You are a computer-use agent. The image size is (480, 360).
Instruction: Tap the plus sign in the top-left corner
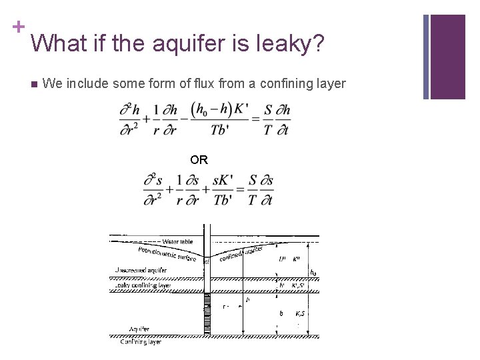(17, 27)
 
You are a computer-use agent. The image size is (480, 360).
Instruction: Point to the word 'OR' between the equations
(199, 160)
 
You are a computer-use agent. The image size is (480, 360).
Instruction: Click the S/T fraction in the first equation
(268, 119)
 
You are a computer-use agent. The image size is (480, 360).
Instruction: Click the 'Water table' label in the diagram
(178, 241)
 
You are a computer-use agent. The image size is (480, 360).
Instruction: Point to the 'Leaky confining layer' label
(143, 285)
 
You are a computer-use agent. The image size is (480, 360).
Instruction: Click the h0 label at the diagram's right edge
(313, 273)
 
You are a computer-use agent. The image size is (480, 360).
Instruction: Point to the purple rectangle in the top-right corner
(448, 57)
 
